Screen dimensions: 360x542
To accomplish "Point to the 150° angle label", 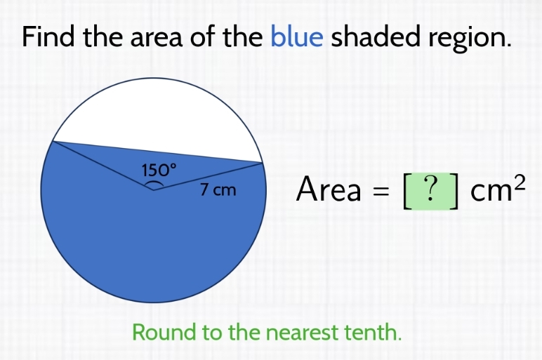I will click(x=157, y=169).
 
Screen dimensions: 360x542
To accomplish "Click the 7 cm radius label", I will click(x=218, y=189).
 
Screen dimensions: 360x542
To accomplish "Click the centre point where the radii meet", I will click(x=154, y=189).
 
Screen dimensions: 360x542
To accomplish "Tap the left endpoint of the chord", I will click(x=53, y=141).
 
